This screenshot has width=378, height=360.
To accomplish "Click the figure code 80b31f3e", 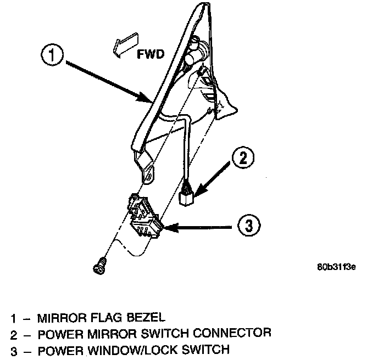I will [x=336, y=268].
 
